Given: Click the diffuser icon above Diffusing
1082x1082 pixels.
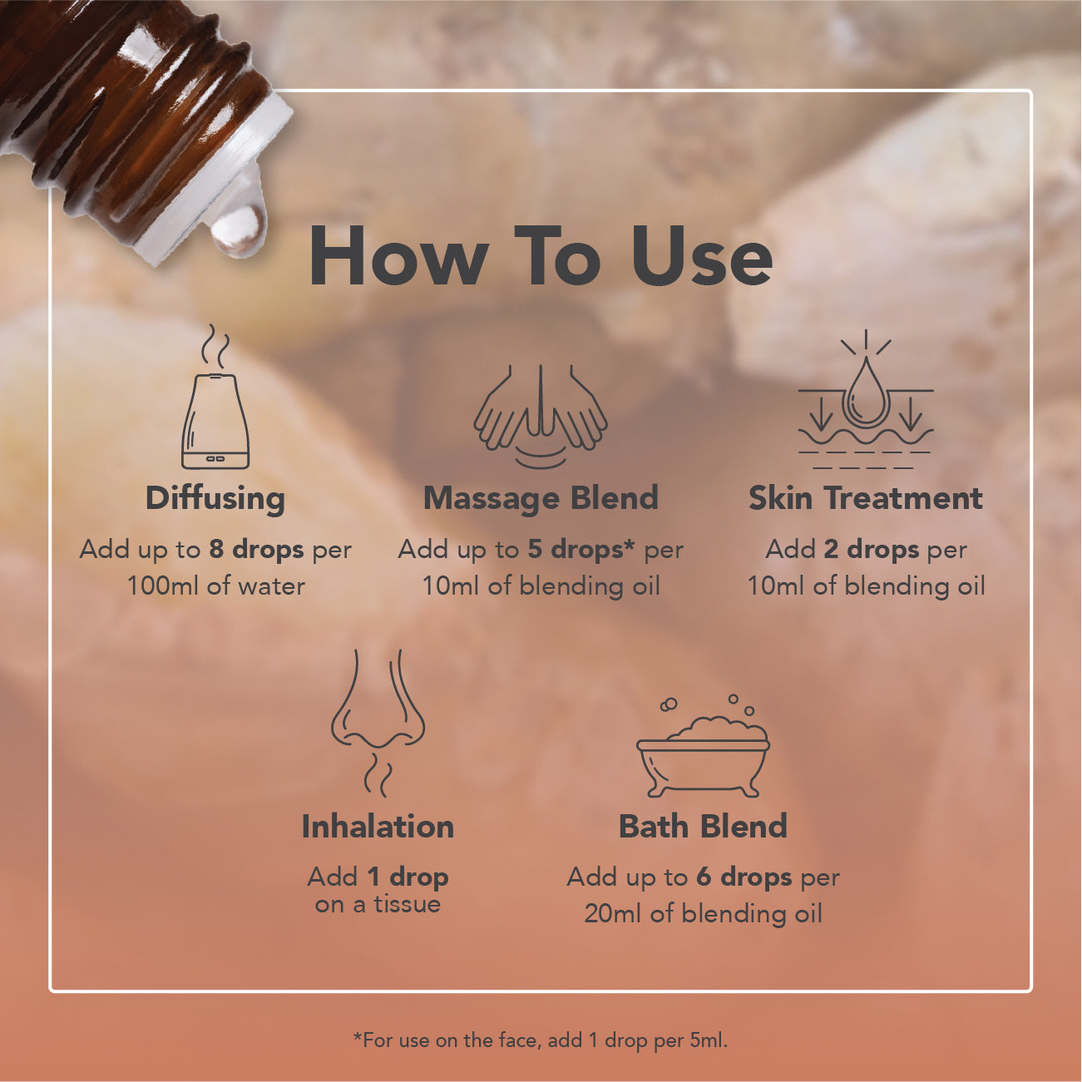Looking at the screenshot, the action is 215,397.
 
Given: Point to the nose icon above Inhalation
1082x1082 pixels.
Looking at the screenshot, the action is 378,724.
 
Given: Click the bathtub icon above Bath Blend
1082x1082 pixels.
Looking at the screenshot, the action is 703,746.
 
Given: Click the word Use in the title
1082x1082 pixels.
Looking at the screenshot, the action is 702,256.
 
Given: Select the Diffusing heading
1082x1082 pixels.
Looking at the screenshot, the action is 215,499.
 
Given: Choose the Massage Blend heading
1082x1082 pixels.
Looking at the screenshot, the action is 541,498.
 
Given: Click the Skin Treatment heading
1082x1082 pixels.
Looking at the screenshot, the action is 866,498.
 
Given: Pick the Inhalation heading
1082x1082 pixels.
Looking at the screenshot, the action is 378,827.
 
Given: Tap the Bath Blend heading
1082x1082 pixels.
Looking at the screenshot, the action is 703,827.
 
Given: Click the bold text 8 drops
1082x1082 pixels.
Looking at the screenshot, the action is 257,550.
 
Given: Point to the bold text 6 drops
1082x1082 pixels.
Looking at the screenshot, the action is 744,877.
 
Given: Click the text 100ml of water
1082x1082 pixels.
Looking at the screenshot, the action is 215,586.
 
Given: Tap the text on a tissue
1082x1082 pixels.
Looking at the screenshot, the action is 378,905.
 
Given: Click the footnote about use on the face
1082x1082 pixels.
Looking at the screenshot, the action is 540,1041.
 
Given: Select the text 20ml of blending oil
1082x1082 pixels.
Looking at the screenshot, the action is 703,914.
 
